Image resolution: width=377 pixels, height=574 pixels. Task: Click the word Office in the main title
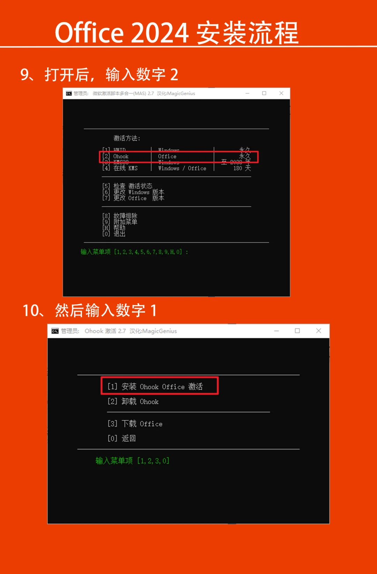click(89, 33)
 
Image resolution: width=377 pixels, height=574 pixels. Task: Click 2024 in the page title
click(160, 33)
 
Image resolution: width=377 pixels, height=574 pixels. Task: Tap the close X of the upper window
click(281, 93)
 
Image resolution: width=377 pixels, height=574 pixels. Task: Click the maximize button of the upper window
click(264, 93)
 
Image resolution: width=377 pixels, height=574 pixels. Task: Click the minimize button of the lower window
click(276, 331)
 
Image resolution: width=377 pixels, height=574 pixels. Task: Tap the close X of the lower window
click(318, 331)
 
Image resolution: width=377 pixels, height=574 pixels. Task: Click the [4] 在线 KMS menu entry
click(120, 168)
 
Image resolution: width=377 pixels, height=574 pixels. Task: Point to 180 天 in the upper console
click(242, 168)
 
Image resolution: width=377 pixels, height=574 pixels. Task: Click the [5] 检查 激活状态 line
click(127, 186)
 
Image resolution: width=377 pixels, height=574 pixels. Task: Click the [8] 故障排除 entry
click(120, 216)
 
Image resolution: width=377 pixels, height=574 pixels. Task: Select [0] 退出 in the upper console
click(114, 234)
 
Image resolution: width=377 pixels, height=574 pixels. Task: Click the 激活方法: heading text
click(127, 138)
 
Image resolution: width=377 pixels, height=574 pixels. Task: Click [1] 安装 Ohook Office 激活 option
click(155, 386)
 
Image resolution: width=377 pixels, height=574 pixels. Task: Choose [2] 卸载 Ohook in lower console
click(133, 401)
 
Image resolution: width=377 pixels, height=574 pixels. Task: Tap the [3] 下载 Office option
click(135, 424)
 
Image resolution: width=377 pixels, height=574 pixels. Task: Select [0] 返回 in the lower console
click(121, 438)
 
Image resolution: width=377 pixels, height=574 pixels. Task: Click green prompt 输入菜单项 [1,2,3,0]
click(132, 461)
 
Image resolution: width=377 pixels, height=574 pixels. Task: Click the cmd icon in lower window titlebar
click(55, 331)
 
